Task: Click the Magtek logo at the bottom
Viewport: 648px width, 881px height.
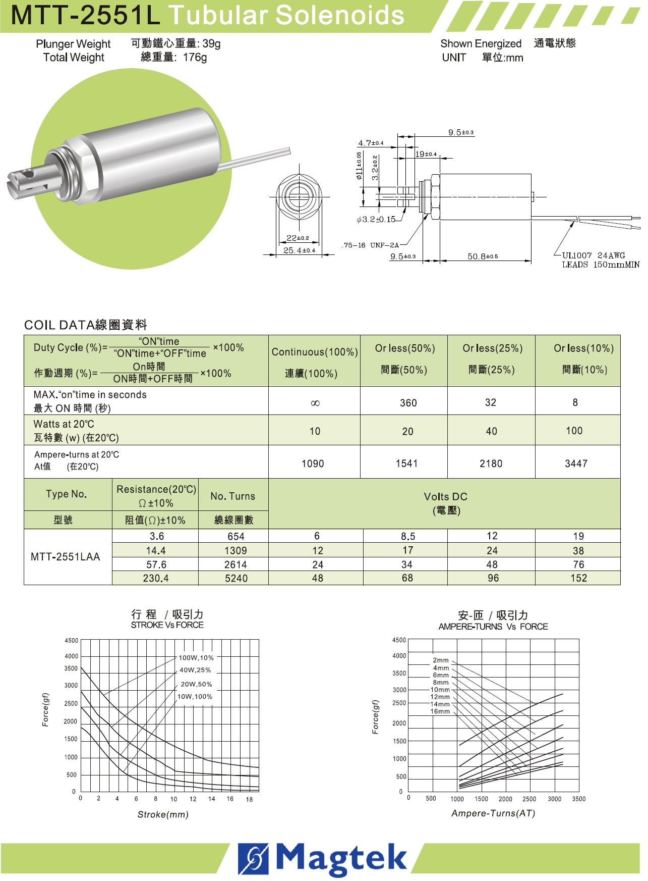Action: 323,858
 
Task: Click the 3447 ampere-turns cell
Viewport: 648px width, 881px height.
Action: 576,463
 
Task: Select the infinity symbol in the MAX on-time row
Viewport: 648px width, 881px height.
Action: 315,403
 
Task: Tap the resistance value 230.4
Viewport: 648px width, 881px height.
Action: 156,578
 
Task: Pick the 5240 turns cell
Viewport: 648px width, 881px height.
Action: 236,578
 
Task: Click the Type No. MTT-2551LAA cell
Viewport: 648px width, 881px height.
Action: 66,557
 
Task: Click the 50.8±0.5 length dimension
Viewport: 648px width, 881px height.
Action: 482,256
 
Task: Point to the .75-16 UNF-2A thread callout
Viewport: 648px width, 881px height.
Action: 371,245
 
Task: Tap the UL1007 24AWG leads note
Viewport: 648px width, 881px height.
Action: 600,260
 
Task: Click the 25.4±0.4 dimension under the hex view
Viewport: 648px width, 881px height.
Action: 299,250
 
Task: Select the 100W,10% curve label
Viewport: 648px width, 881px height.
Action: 196,658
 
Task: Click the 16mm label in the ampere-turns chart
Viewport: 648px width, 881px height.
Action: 440,711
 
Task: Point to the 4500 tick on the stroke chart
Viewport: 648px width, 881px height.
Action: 72,641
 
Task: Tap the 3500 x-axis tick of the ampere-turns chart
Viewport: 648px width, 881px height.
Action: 578,799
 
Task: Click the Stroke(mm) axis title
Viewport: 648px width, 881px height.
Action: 163,814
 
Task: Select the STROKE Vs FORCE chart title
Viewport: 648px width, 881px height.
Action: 167,625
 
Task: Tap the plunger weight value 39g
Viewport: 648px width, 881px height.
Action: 211,44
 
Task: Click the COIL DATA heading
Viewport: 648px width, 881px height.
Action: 85,325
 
